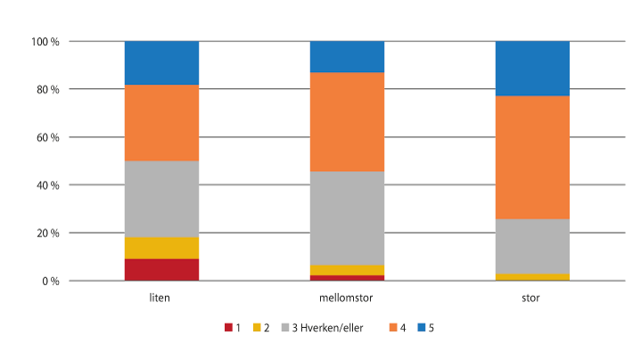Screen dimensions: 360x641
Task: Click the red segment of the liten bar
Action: point(161,269)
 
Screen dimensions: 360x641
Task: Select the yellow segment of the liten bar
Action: point(161,248)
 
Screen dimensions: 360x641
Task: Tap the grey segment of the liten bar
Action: point(161,199)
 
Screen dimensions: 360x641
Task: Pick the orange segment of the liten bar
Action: point(161,123)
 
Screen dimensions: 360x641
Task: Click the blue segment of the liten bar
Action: point(161,62)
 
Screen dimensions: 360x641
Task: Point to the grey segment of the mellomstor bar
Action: point(347,217)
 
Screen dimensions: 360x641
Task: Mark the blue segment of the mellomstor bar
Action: point(347,56)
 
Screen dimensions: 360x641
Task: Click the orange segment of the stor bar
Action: point(532,157)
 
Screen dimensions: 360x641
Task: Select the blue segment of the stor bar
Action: point(532,68)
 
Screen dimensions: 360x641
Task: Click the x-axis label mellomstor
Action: point(347,298)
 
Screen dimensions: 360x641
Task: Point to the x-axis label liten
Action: point(161,298)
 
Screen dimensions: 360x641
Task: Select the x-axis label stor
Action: point(532,298)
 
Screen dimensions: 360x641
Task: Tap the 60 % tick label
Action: point(47,137)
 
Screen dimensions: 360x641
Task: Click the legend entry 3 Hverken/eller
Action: point(322,328)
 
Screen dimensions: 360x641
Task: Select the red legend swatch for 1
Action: point(227,328)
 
